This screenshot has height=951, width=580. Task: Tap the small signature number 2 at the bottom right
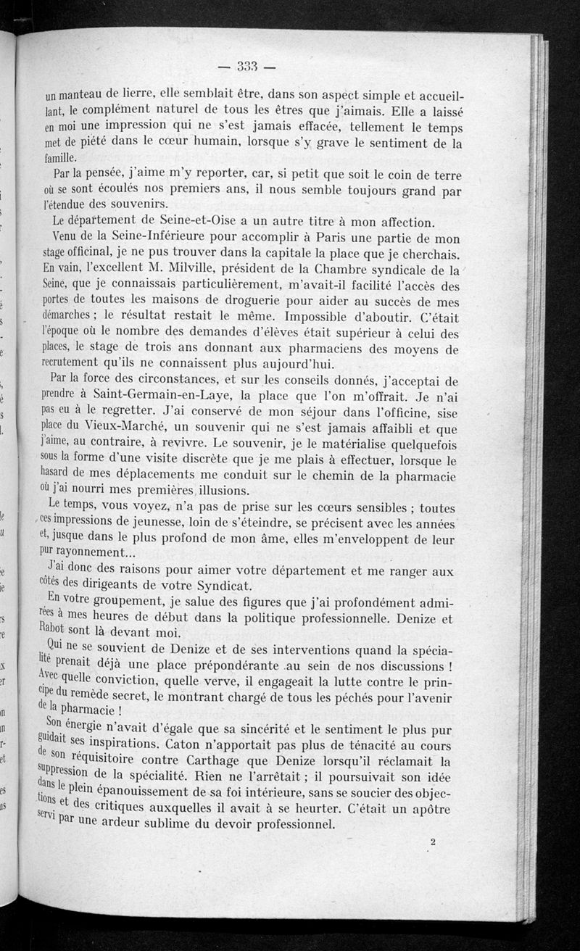pyautogui.click(x=432, y=842)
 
